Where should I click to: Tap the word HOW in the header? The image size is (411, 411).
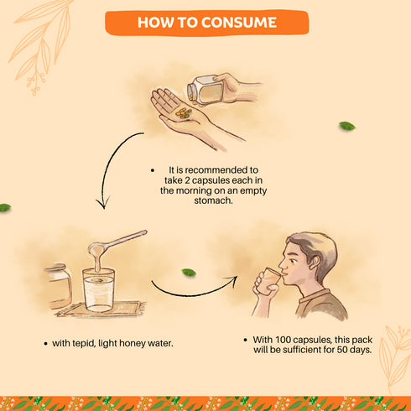pyautogui.click(x=155, y=23)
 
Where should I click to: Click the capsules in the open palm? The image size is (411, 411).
pyautogui.click(x=184, y=112)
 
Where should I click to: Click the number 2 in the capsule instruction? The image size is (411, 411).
pyautogui.click(x=187, y=180)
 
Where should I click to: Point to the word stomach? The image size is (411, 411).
pyautogui.click(x=213, y=200)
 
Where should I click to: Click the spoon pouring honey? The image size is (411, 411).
pyautogui.click(x=117, y=242)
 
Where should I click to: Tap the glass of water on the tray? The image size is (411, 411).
pyautogui.click(x=98, y=290)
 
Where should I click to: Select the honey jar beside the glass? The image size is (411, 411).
pyautogui.click(x=58, y=286)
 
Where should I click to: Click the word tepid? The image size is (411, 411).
pyautogui.click(x=83, y=343)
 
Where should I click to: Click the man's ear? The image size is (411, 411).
pyautogui.click(x=315, y=262)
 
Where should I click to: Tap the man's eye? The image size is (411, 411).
pyautogui.click(x=293, y=261)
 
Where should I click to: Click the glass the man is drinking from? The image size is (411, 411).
pyautogui.click(x=269, y=281)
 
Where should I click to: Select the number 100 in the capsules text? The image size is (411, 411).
pyautogui.click(x=284, y=340)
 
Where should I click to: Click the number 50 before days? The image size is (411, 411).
pyautogui.click(x=342, y=350)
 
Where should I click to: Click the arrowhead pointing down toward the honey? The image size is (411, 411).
pyautogui.click(x=103, y=203)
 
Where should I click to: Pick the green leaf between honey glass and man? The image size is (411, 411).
pyautogui.click(x=189, y=272)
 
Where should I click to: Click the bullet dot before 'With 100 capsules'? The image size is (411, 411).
pyautogui.click(x=245, y=340)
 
